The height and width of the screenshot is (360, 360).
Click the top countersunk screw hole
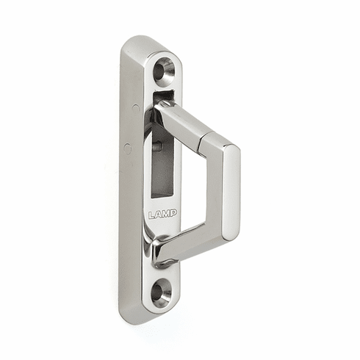point(164,71)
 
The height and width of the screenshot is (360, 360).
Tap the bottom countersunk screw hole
point(161,291)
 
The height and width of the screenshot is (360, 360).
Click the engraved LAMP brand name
point(162,215)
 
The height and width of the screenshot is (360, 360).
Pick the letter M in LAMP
point(165,215)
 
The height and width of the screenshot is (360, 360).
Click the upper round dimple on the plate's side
point(135,107)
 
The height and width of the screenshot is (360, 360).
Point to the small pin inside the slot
point(156,146)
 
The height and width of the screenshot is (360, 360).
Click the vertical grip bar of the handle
point(230,191)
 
